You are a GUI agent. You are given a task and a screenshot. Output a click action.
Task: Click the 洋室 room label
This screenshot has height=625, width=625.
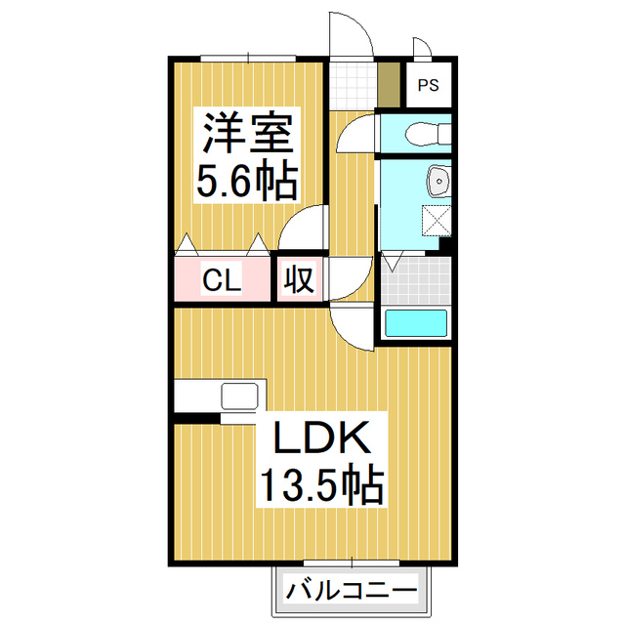[248, 133]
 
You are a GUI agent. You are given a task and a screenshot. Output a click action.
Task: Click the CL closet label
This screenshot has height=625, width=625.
[222, 281]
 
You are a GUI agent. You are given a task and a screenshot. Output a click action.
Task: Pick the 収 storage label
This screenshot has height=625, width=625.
[299, 280]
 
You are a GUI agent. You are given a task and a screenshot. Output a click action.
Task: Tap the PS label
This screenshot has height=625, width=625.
[428, 86]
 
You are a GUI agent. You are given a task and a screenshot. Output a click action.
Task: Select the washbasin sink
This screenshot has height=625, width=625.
[438, 181]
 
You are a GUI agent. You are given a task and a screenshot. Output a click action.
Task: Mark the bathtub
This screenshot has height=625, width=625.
[416, 323]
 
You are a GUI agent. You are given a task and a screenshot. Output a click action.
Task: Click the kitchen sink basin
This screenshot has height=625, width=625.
[239, 396]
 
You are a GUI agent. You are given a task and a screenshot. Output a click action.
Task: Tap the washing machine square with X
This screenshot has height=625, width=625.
[437, 220]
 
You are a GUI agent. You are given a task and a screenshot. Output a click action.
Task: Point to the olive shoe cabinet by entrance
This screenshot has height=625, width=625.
[389, 86]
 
